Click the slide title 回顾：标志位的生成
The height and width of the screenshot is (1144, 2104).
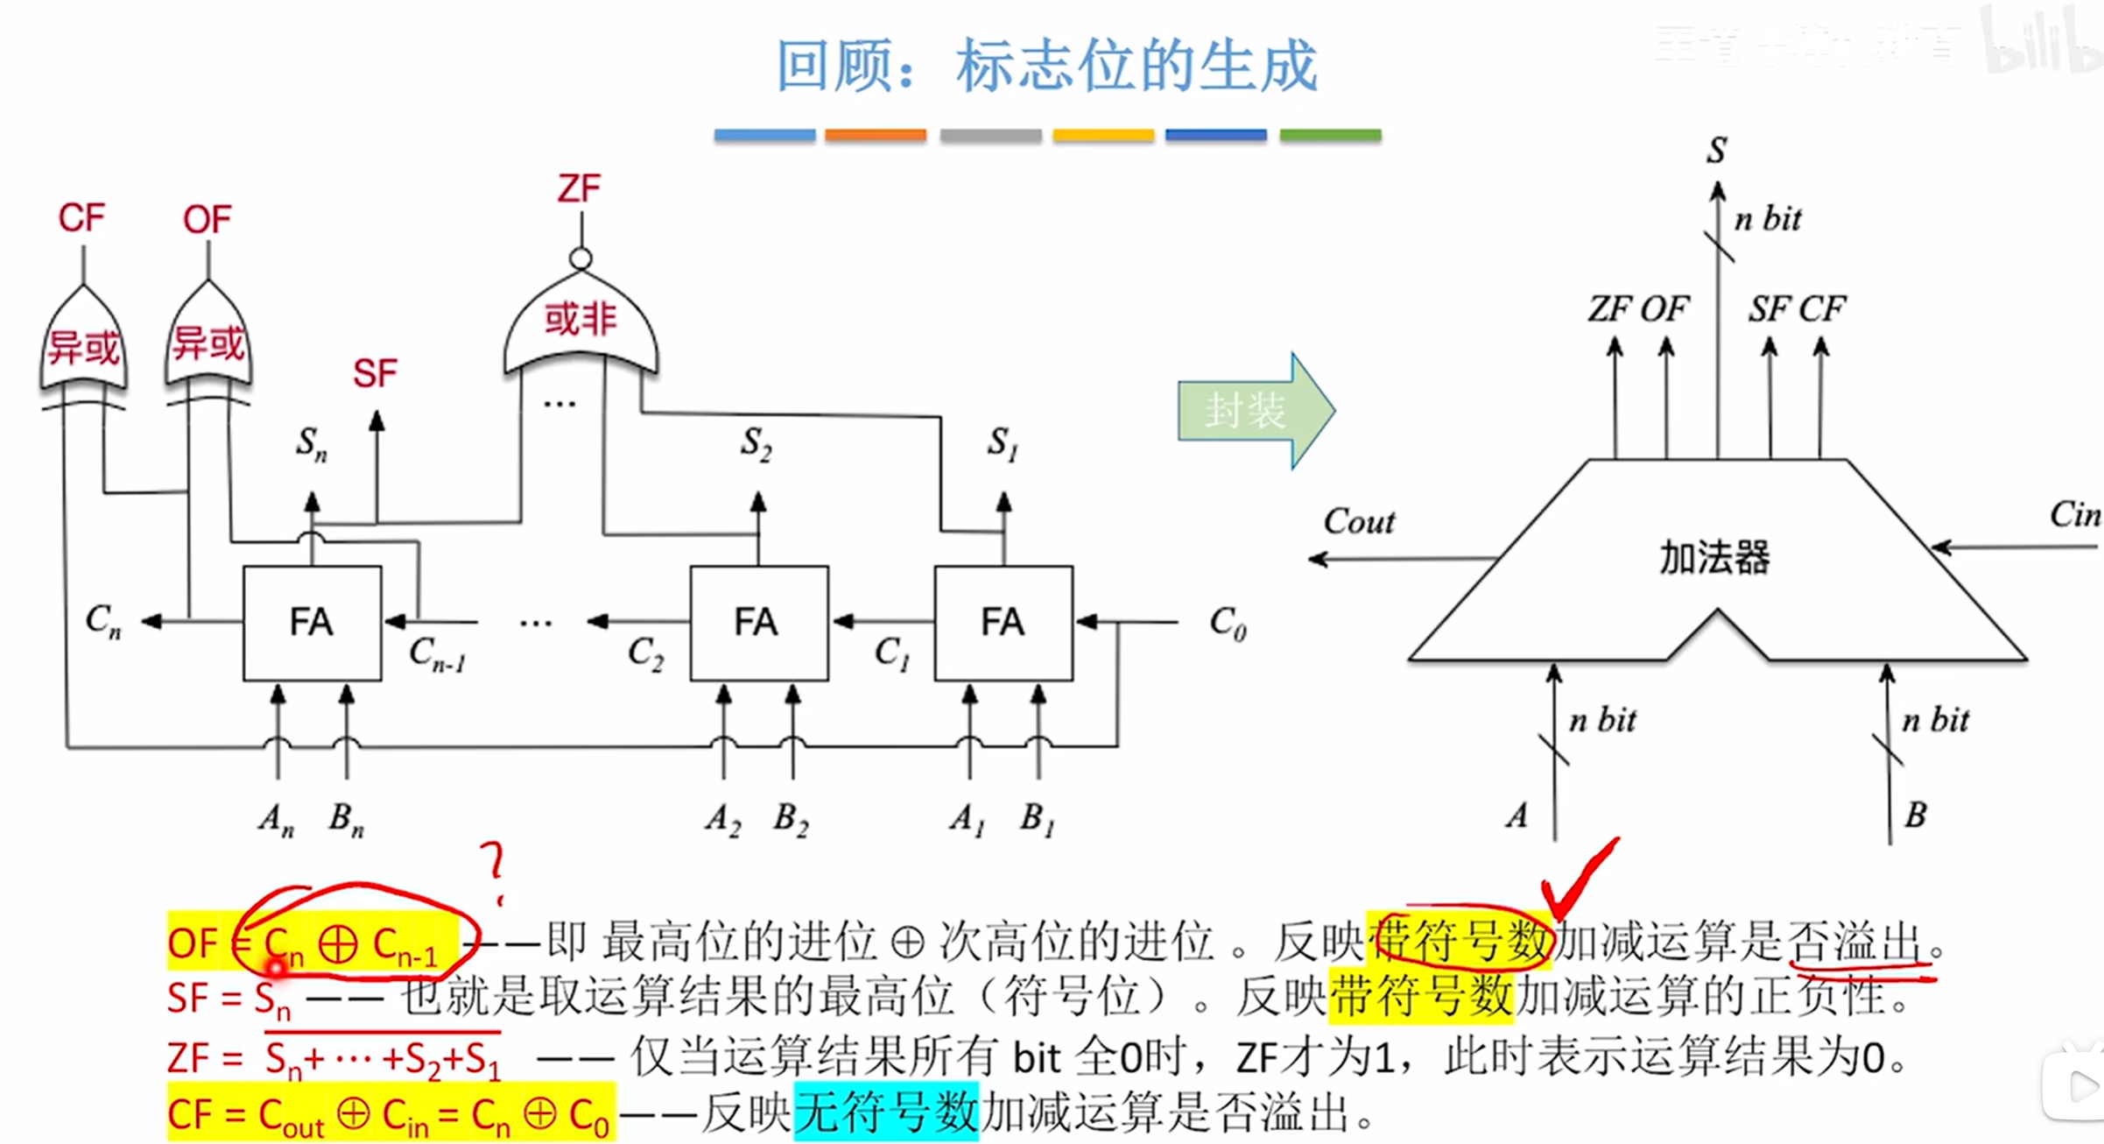1047,66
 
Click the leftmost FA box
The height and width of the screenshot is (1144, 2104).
312,623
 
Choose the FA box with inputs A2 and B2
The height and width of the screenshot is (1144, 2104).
758,623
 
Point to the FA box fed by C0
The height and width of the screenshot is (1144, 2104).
1003,623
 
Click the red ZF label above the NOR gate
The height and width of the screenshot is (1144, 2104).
580,189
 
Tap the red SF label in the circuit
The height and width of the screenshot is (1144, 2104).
375,374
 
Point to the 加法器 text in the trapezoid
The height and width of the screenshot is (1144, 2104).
1714,558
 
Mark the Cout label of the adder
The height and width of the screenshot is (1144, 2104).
1359,522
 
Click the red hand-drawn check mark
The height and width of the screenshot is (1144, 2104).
1576,880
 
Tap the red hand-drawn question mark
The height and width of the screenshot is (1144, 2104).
495,869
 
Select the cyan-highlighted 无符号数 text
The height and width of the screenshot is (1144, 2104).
885,1112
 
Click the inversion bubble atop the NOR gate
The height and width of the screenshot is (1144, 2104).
581,259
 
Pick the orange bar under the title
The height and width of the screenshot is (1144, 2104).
876,136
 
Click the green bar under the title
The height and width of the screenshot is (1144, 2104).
1330,136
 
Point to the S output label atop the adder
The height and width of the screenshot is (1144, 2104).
1717,151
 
